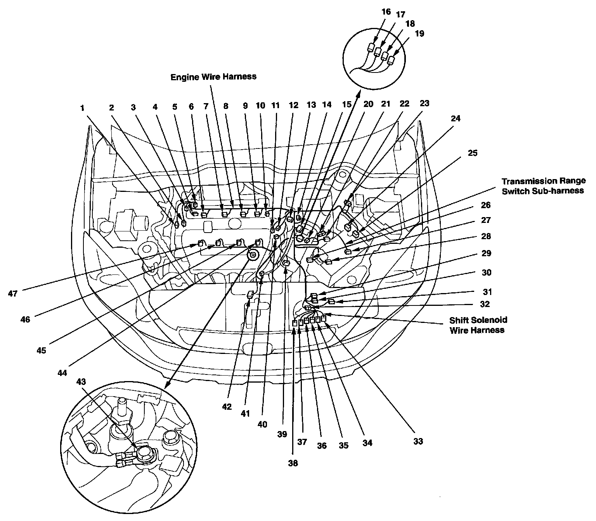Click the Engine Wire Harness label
213,77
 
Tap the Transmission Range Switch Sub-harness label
543,186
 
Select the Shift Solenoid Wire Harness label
478,325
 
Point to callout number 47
13,293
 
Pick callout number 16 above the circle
386,12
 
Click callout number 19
419,33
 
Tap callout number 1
82,108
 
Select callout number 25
472,153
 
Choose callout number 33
418,441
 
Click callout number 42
227,407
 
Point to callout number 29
486,253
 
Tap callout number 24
456,119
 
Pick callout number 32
485,304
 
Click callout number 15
346,104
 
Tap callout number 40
262,424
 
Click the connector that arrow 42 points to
250,295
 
